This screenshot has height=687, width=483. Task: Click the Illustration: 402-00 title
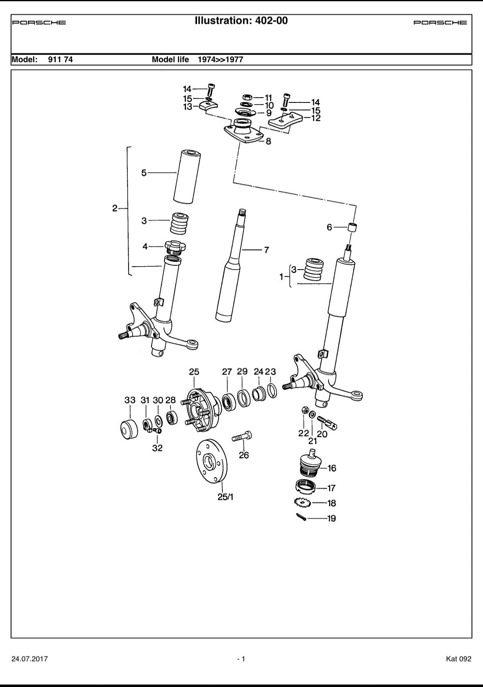[x=241, y=20]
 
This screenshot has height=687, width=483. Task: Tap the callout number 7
[x=266, y=249]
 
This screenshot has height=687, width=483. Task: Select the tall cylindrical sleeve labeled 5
[x=187, y=176]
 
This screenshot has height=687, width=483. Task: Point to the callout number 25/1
[x=225, y=497]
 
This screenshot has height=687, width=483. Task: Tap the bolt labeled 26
[x=242, y=436]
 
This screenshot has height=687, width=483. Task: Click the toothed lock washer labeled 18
[x=303, y=502]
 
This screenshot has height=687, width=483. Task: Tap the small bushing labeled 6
[x=353, y=227]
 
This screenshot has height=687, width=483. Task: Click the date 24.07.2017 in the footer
[x=29, y=659]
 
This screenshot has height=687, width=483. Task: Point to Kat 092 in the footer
[x=458, y=659]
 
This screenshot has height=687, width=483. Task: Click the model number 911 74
[x=60, y=59]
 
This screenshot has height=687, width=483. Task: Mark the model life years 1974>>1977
[x=220, y=59]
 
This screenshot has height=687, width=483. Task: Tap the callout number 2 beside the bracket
[x=115, y=208]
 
